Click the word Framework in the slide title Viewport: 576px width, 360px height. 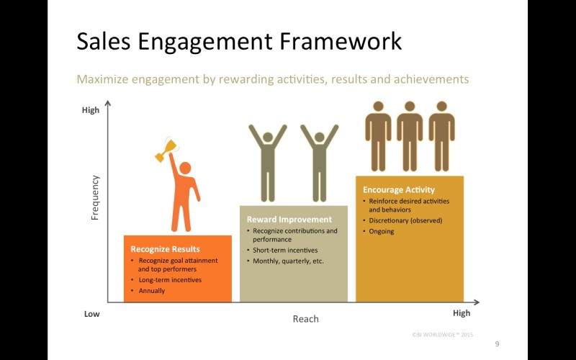(x=341, y=42)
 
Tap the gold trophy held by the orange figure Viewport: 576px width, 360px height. (x=166, y=150)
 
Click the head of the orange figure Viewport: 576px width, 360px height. (x=185, y=168)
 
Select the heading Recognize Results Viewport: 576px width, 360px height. (x=166, y=249)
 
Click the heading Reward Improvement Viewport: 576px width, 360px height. (x=289, y=220)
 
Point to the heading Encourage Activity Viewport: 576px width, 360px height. (x=399, y=189)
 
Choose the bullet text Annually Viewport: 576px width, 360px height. (x=152, y=291)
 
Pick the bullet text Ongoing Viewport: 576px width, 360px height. (x=382, y=231)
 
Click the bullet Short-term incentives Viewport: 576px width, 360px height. (x=285, y=250)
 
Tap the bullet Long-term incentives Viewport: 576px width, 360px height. (x=170, y=280)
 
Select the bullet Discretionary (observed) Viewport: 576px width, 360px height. (x=405, y=220)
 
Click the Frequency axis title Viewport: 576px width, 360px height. (x=95, y=197)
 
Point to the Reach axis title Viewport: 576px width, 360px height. (x=305, y=319)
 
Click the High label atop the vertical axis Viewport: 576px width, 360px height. (x=91, y=110)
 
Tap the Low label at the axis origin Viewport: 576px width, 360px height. (x=92, y=314)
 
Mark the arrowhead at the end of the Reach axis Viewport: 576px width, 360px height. (x=477, y=302)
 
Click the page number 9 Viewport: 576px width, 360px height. (x=497, y=344)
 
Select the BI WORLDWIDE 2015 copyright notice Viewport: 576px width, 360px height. (x=443, y=335)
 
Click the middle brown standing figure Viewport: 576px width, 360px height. (x=410, y=136)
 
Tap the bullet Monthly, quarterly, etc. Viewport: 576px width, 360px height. (x=288, y=261)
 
